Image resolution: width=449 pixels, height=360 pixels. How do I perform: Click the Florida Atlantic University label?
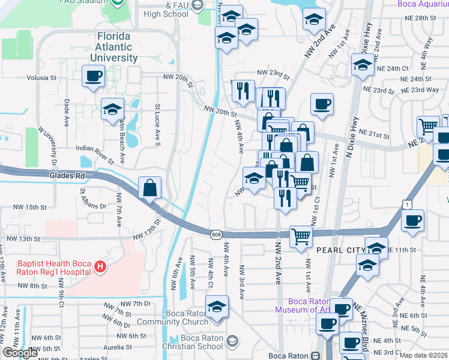pyautogui.click(x=113, y=47)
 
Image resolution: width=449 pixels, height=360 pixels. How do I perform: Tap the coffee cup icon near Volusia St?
pyautogui.click(x=94, y=76)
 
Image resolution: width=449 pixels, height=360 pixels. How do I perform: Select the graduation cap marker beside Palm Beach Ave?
pyautogui.click(x=112, y=109)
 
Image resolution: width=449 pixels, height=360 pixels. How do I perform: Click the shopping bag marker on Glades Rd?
pyautogui.click(x=149, y=188)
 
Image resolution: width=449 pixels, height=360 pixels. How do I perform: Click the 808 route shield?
pyautogui.click(x=216, y=235)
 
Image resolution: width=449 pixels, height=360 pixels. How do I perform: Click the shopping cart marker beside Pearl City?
pyautogui.click(x=300, y=236)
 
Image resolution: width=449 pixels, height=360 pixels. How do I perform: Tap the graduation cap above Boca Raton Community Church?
pyautogui.click(x=217, y=307)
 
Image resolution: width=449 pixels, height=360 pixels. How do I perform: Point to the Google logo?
pyautogui.click(x=20, y=353)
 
